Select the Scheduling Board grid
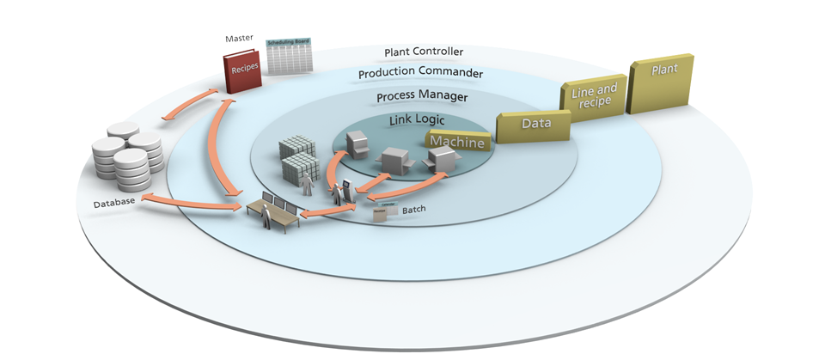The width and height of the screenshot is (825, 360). click(289, 57)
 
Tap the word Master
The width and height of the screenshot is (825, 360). click(237, 38)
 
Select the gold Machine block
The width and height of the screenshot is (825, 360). click(457, 141)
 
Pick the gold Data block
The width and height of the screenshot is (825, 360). click(535, 124)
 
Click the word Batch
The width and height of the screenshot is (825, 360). click(415, 210)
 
